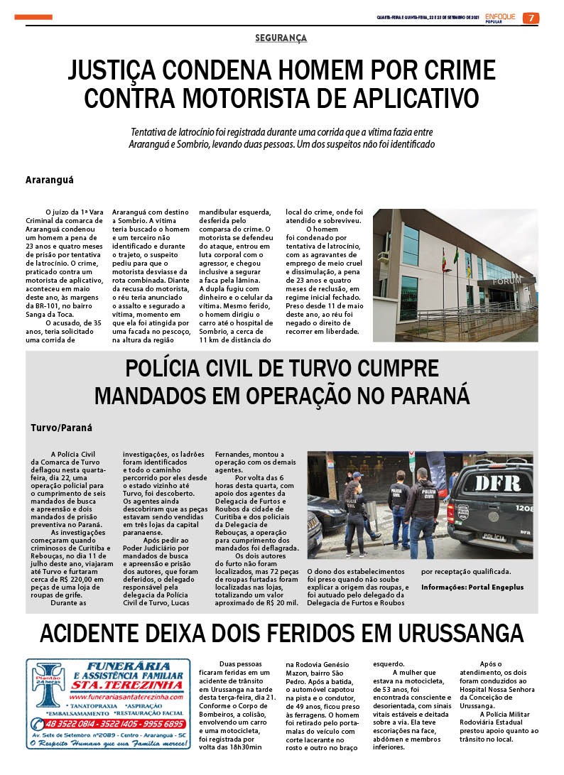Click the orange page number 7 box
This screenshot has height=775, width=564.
(x=531, y=18)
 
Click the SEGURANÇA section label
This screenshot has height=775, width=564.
(x=281, y=38)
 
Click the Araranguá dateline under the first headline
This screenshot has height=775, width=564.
(x=50, y=180)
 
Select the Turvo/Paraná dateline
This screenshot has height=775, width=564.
(x=62, y=428)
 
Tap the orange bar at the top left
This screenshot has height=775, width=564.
(x=33, y=17)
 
